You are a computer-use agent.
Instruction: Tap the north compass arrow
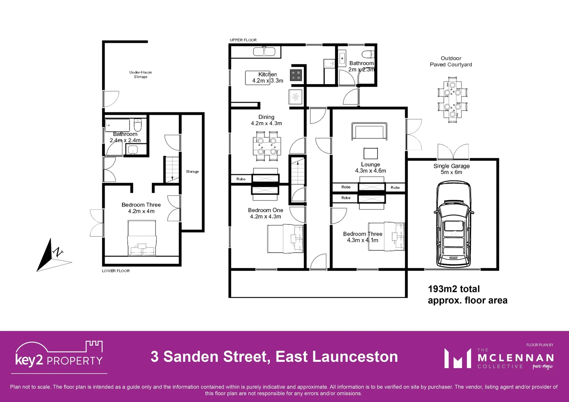[48, 255]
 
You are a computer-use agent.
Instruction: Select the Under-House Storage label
[140, 74]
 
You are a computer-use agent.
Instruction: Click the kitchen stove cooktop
[296, 75]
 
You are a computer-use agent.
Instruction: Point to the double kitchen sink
[264, 51]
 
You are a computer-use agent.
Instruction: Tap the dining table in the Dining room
[267, 146]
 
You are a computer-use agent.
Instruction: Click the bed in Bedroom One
[285, 239]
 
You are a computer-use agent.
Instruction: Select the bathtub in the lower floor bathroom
[117, 125]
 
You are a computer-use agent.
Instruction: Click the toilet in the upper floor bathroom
[368, 55]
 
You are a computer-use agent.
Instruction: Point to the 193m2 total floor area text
[467, 294]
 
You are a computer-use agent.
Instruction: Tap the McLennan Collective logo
[499, 358]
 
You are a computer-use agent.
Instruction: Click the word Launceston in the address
[355, 357]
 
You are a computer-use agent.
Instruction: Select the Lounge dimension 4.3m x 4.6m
[370, 171]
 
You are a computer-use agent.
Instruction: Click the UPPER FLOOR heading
[243, 40]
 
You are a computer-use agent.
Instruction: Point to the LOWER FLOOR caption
[116, 271]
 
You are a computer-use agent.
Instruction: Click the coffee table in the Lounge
[371, 153]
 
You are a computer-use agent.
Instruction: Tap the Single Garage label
[451, 166]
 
